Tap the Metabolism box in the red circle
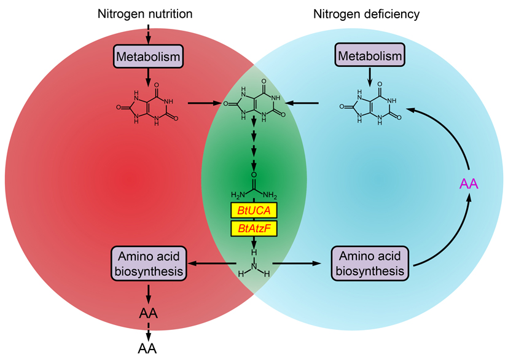pyautogui.click(x=148, y=57)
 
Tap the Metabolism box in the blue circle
pyautogui.click(x=369, y=57)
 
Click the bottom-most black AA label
pyautogui.click(x=148, y=348)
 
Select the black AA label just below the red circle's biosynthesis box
pyautogui.click(x=148, y=313)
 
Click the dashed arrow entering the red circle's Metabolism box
pyautogui.click(x=148, y=34)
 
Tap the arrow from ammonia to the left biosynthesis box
pyautogui.click(x=213, y=264)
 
